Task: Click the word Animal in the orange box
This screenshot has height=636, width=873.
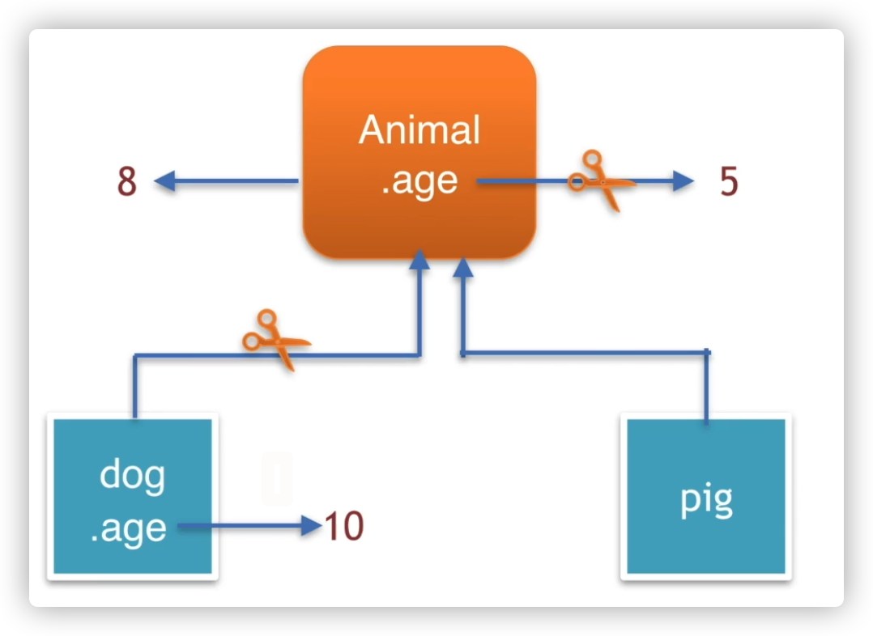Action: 419,130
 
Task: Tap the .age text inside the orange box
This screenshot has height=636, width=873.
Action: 419,180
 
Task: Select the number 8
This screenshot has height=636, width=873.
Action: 127,182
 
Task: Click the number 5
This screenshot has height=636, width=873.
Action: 729,182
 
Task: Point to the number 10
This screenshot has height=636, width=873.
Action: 344,527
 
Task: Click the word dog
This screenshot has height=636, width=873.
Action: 132,476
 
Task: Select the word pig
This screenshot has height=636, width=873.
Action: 706,500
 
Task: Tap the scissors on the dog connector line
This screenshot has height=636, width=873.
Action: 275,340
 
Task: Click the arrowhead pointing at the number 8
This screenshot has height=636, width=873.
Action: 164,182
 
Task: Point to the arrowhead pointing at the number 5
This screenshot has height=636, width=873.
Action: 683,182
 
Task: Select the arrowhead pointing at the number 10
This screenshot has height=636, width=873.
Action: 313,527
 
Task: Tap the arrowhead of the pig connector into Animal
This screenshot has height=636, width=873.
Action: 463,269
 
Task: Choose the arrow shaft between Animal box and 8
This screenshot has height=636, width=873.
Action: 235,182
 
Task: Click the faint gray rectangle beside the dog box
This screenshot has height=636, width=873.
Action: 277,479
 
